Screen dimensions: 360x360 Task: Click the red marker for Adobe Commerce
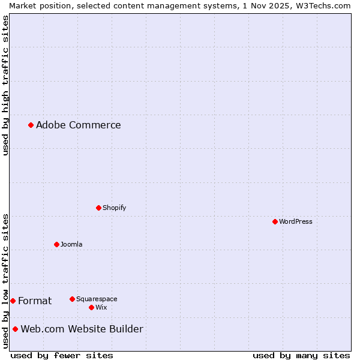(x=31, y=125)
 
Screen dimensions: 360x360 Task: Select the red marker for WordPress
(x=275, y=221)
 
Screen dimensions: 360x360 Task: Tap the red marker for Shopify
(x=98, y=208)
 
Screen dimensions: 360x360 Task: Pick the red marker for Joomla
(x=56, y=244)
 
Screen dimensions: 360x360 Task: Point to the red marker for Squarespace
(x=72, y=299)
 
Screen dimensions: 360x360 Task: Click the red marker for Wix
(x=91, y=307)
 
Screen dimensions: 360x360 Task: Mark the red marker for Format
(x=13, y=301)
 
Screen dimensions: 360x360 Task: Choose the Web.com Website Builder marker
(x=15, y=329)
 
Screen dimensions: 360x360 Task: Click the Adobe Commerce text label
(x=78, y=125)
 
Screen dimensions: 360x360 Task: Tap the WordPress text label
(x=295, y=221)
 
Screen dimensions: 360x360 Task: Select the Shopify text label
(x=114, y=208)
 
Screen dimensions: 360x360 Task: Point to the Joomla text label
(x=71, y=244)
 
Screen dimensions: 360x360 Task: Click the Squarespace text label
(x=97, y=299)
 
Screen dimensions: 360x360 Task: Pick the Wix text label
(x=101, y=307)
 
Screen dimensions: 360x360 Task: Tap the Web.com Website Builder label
(x=82, y=329)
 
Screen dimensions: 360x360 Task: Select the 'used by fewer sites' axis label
(x=62, y=355)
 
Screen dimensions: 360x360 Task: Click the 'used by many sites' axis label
(x=301, y=355)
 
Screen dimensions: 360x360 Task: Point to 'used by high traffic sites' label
(x=5, y=85)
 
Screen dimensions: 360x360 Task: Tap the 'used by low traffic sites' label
(x=5, y=280)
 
